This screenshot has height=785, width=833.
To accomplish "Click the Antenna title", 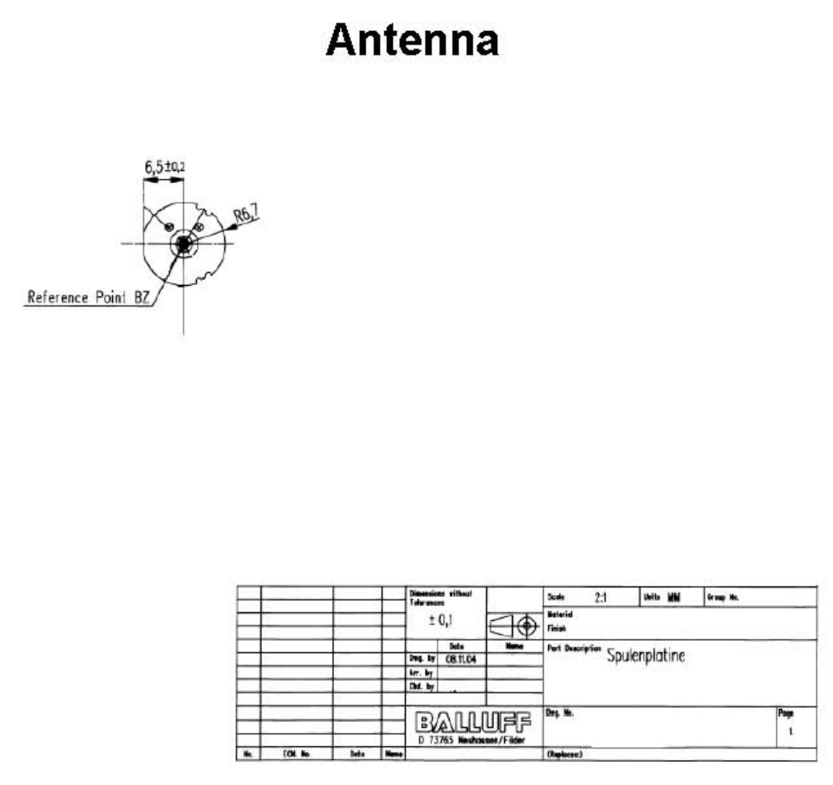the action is (x=413, y=41).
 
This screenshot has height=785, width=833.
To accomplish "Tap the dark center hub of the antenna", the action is (x=183, y=244).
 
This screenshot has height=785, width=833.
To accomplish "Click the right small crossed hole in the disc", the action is (x=199, y=227).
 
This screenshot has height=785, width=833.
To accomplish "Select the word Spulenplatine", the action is (x=646, y=655).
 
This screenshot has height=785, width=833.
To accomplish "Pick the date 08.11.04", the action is (x=462, y=659).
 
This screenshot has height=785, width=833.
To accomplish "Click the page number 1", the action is (x=791, y=731).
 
